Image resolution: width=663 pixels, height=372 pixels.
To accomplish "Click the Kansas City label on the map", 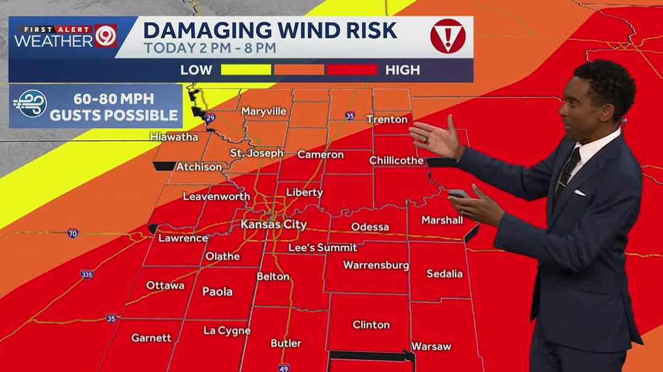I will click(x=274, y=225).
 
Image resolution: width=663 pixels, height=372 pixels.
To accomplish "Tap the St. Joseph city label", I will click(x=256, y=153).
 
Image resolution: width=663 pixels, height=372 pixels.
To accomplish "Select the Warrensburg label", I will click(x=376, y=265).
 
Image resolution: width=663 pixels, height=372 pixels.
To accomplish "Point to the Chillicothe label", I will click(x=396, y=160).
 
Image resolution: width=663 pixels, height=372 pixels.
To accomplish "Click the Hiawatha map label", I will click(x=174, y=137).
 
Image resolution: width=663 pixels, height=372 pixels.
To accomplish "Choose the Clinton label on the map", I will click(x=371, y=324).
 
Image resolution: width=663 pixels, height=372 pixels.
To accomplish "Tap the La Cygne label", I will click(x=227, y=330).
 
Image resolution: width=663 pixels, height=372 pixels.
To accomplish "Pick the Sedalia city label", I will click(x=444, y=273).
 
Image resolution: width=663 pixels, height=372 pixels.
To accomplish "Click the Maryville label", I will click(x=263, y=111).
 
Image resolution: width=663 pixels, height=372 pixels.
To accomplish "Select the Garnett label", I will click(x=151, y=338).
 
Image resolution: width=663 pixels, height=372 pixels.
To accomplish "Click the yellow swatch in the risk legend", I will click(x=246, y=70).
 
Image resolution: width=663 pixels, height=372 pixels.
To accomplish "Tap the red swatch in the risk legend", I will click(x=352, y=70).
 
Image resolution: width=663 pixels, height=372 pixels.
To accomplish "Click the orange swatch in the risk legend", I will click(x=299, y=70).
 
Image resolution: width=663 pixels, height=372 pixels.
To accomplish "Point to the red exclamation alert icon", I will click(x=447, y=36).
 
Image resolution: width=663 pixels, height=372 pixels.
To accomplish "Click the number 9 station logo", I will click(x=106, y=36).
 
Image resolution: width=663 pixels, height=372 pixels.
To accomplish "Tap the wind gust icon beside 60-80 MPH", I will click(x=30, y=105).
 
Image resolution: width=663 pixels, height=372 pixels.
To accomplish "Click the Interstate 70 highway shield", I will click(x=73, y=233).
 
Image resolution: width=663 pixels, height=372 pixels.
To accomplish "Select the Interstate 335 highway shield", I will click(x=87, y=274).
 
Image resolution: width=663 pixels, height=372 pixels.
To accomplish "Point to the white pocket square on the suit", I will click(x=579, y=193).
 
